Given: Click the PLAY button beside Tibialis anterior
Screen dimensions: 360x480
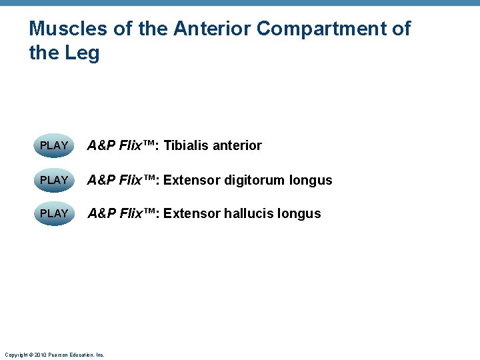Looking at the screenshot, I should pyautogui.click(x=54, y=145).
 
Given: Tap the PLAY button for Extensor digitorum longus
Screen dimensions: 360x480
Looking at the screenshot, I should pyautogui.click(x=54, y=180).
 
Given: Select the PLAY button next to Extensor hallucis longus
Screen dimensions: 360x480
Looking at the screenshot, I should pyautogui.click(x=54, y=213).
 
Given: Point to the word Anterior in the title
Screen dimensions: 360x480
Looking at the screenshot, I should pyautogui.click(x=212, y=29).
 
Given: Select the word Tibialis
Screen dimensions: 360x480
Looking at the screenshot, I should pyautogui.click(x=186, y=145).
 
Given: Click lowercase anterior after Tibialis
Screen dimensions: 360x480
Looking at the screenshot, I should pyautogui.click(x=237, y=145).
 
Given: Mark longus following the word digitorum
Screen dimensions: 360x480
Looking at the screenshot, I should pyautogui.click(x=311, y=180).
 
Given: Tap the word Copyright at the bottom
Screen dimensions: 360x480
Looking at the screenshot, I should pyautogui.click(x=15, y=355).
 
